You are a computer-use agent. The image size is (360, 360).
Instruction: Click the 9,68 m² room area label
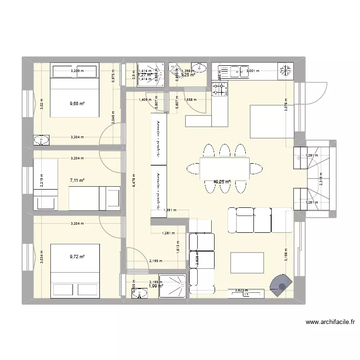coord(77,102)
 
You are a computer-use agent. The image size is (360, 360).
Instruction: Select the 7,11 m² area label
coord(77,180)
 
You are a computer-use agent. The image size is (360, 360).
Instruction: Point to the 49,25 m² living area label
coord(222,182)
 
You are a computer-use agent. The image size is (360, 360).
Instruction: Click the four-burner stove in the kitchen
coord(219,88)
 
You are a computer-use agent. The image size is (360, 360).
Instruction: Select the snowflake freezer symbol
coord(285,70)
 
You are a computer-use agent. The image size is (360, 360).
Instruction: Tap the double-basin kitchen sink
coord(236,71)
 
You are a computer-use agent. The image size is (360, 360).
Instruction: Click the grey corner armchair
coord(281,285)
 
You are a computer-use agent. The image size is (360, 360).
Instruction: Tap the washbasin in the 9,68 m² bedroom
coord(42,140)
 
